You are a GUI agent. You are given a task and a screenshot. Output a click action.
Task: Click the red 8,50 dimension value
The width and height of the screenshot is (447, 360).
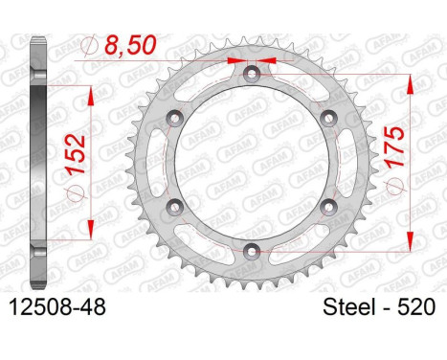tap(130, 45)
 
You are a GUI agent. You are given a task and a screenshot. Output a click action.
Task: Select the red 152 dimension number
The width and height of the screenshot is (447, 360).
tap(76, 154)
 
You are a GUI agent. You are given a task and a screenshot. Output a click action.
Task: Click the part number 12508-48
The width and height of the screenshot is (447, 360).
tap(57, 307)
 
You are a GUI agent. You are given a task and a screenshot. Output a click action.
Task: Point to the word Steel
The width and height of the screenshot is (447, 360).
tap(348, 307)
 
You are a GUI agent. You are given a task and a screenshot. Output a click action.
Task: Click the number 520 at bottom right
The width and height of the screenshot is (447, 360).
tap(415, 307)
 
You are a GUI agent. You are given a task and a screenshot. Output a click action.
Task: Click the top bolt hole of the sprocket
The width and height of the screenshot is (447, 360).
tap(252, 74)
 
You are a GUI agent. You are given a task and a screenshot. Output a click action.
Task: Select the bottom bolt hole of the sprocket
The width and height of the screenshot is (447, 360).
tap(252, 252)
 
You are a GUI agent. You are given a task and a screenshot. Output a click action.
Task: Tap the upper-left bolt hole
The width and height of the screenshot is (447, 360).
tap(175, 119)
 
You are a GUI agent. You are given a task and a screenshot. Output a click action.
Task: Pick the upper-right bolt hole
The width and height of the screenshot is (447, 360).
tap(328, 119)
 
